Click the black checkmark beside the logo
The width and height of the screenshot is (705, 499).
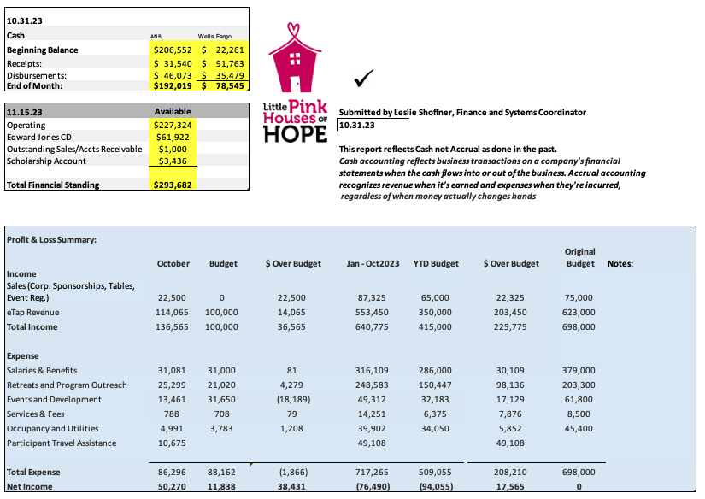coord(365,79)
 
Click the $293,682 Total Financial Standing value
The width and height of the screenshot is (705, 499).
coord(174,185)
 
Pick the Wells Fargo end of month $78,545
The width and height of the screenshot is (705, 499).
coord(224,86)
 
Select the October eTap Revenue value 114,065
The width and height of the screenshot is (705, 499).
coord(173,313)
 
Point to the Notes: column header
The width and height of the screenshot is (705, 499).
coord(620,264)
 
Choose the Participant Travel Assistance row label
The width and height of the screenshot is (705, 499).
coord(62,443)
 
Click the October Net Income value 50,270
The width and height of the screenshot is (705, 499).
coord(173,486)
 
